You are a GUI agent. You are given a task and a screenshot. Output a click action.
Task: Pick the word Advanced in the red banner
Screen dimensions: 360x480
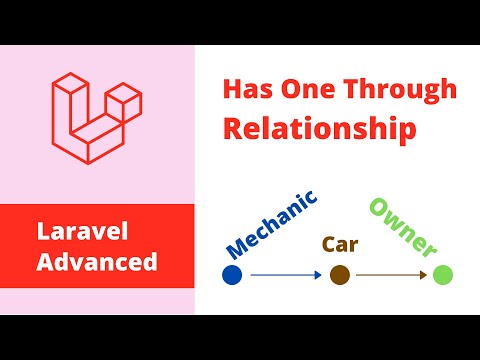(x=98, y=261)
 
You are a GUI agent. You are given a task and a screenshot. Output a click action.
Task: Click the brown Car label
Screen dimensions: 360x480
(x=339, y=243)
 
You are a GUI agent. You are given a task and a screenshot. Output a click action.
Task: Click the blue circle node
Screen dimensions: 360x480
(x=232, y=274)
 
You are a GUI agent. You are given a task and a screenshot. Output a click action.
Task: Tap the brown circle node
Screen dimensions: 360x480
(x=339, y=274)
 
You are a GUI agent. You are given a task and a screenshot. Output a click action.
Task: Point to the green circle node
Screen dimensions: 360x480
(x=443, y=274)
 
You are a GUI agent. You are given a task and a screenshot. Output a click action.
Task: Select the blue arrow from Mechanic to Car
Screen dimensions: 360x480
(x=285, y=274)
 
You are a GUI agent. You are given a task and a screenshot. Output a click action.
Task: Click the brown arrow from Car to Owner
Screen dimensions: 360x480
(x=391, y=274)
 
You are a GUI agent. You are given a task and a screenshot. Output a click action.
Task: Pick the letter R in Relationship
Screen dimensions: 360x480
(x=233, y=129)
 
